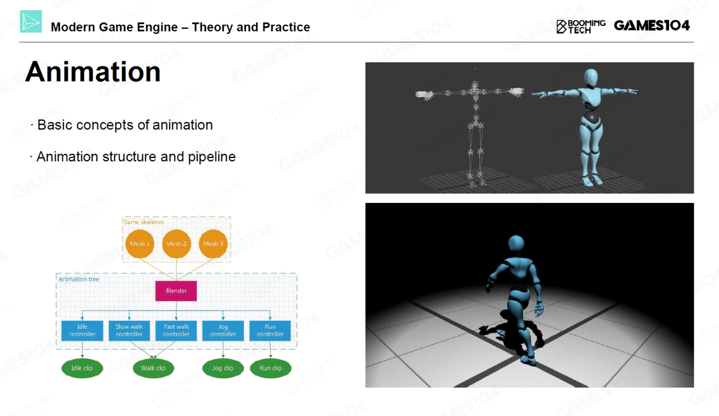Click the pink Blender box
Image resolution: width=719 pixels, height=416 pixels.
(176, 291)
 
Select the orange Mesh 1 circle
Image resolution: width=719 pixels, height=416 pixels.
(140, 244)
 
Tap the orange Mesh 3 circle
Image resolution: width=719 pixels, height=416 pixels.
(213, 244)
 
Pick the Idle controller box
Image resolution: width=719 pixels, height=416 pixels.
(82, 331)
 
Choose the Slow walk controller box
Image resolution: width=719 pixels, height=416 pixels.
(129, 331)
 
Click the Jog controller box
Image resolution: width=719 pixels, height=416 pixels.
(223, 331)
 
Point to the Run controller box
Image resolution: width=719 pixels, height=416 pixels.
(270, 331)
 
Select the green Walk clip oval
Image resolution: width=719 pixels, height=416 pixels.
(153, 368)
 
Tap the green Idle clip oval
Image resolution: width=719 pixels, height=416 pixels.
(82, 368)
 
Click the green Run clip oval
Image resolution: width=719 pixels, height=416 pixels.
(271, 368)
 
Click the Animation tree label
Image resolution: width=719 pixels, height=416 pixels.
(79, 279)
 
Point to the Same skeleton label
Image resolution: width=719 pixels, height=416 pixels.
(143, 222)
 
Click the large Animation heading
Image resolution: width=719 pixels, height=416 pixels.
(93, 71)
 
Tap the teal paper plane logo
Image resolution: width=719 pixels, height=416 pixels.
(31, 21)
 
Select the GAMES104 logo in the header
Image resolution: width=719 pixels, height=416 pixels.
(652, 25)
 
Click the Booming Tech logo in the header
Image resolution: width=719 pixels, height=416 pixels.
(581, 26)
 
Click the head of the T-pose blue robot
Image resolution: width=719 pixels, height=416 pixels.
(590, 77)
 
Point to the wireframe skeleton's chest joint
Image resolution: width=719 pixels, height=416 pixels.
(475, 92)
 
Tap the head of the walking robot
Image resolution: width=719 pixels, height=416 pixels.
(516, 243)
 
